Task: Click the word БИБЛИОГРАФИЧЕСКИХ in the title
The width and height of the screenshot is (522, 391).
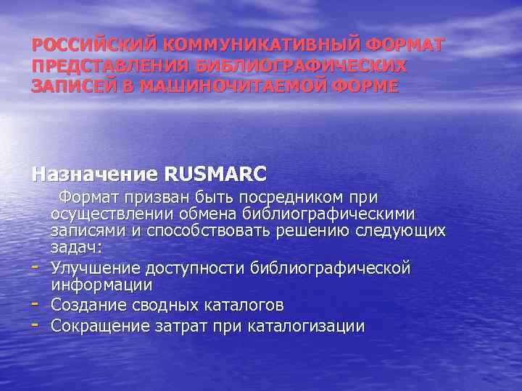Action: pos(301,66)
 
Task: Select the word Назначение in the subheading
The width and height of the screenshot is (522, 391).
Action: pos(94,175)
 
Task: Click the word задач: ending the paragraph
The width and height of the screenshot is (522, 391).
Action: pos(76,248)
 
